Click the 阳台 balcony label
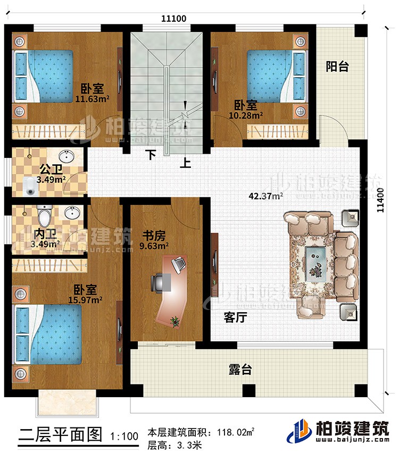337,66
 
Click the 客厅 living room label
236,317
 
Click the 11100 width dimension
173,18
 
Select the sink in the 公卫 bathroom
68,157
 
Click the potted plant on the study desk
174,321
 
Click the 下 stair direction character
152,155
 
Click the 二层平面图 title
59,435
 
